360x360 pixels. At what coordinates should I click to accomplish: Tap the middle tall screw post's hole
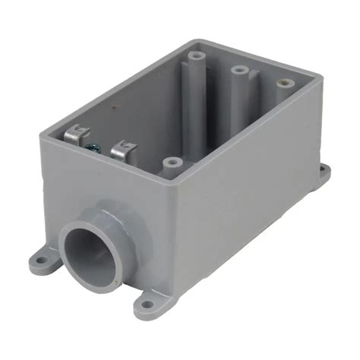(238, 70)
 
